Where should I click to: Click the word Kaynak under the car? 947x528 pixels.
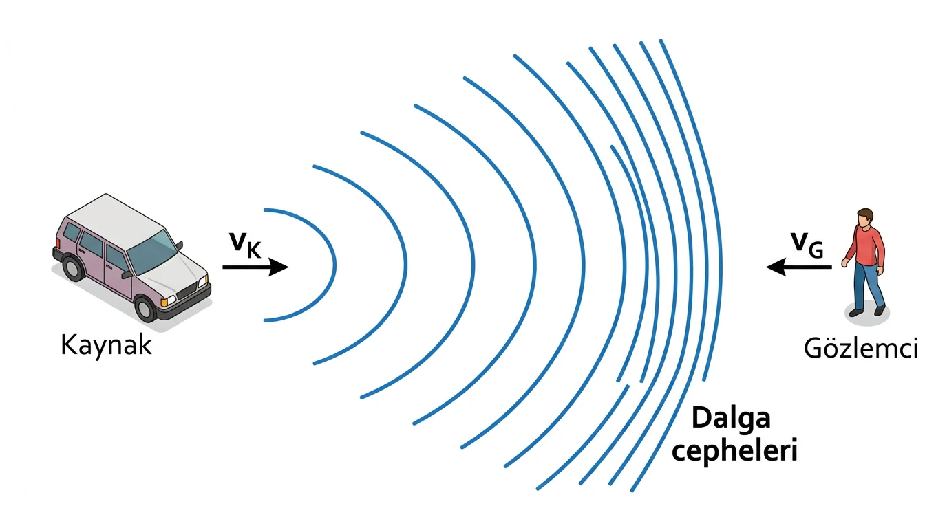click(x=106, y=346)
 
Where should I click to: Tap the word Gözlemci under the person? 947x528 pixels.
click(x=861, y=349)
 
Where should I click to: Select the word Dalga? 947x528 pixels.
click(x=732, y=418)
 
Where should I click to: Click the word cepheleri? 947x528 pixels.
click(x=735, y=451)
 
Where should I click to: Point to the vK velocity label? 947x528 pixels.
click(x=246, y=244)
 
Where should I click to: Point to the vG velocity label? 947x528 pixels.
click(x=807, y=244)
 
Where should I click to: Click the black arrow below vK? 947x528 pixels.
click(x=255, y=267)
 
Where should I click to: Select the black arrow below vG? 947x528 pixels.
click(x=799, y=267)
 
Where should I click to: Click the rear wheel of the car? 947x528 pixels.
click(x=74, y=268)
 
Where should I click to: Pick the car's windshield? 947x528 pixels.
click(x=152, y=252)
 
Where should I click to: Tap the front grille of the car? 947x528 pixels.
click(x=187, y=291)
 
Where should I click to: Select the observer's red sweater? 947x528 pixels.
click(x=865, y=247)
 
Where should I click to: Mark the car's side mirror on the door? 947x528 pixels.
click(x=126, y=276)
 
